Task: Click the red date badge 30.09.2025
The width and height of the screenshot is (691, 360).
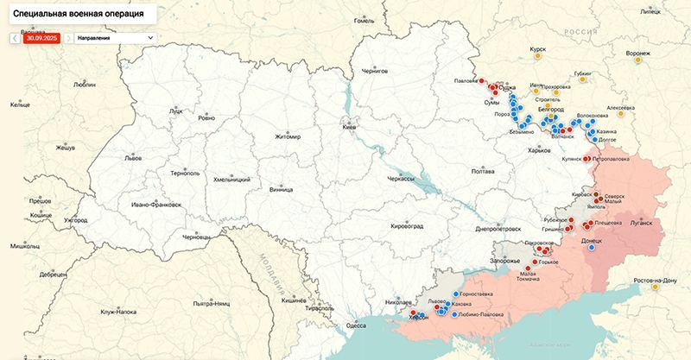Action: (41, 38)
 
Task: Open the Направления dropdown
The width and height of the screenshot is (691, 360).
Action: (115, 38)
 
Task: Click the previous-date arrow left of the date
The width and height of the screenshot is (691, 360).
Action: (15, 38)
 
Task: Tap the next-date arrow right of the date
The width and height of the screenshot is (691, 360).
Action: (67, 38)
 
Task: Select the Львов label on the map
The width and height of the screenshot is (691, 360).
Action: (132, 159)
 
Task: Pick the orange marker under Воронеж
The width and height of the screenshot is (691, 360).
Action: (638, 61)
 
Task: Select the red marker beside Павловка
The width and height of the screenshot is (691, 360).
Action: (483, 82)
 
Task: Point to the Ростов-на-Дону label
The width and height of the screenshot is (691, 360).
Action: (655, 281)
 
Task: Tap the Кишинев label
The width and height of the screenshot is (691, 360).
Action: (294, 300)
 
